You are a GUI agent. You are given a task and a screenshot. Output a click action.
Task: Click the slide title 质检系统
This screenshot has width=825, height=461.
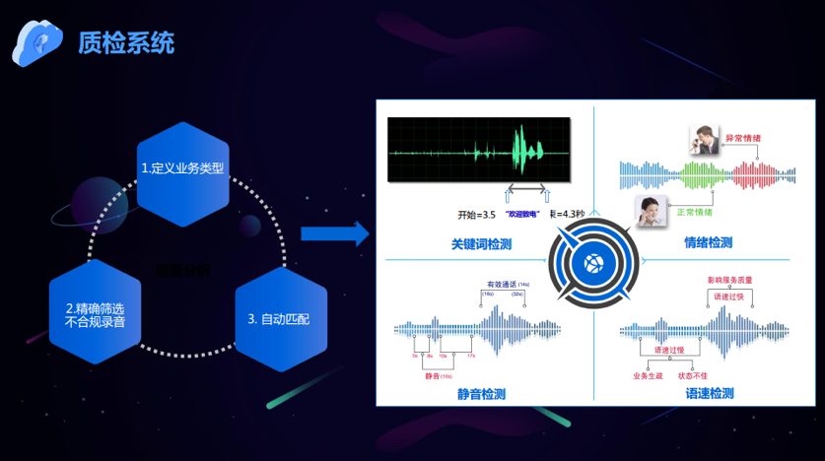[x=126, y=42]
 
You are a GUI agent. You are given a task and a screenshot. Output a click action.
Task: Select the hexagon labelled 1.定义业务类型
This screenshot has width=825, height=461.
[x=183, y=167]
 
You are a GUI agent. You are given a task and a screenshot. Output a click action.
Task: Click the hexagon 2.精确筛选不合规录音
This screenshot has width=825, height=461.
[x=95, y=313]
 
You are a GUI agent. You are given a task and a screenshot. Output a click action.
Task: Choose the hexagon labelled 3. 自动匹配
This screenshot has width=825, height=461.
[x=279, y=319]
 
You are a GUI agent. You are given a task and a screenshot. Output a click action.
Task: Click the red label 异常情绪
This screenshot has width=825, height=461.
[x=742, y=138]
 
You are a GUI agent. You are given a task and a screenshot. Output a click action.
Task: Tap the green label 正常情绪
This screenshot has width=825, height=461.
[x=697, y=212]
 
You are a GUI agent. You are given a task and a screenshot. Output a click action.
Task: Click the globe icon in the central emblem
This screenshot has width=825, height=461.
[x=594, y=263]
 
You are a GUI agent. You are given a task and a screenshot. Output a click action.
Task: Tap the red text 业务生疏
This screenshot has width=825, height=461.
[x=650, y=374]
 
